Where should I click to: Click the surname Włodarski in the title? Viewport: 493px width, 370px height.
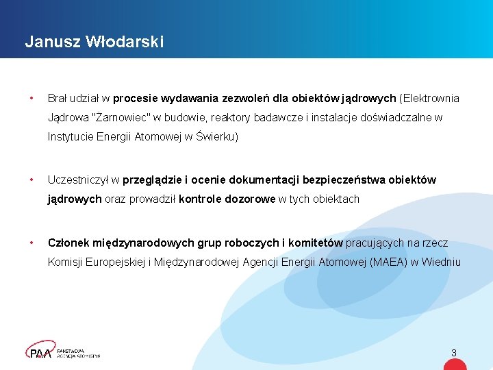tap(125, 42)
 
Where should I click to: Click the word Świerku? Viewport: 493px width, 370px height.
tap(216, 136)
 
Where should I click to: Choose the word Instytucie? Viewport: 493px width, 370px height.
tap(72, 136)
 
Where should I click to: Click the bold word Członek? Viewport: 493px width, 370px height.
tap(69, 243)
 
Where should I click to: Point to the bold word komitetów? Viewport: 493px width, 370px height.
tap(315, 243)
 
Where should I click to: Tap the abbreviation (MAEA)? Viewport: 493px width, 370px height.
tap(385, 262)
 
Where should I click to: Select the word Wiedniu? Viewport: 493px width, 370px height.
tap(441, 262)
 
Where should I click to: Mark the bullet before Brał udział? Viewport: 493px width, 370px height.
tap(31, 98)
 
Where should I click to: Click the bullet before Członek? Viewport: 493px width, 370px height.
tap(31, 243)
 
